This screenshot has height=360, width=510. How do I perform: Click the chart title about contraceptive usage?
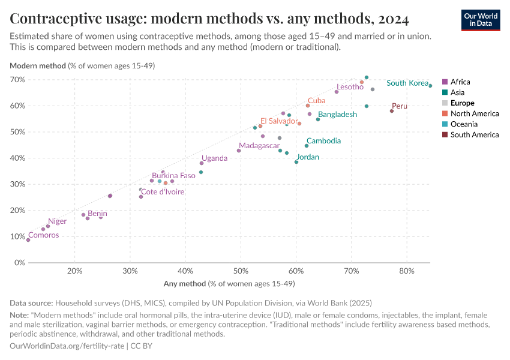[209, 19]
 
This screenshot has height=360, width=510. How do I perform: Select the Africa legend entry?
[460, 82]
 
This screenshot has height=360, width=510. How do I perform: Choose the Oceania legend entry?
[464, 124]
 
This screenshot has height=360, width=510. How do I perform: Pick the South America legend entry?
[474, 134]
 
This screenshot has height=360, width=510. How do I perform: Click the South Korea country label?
[407, 83]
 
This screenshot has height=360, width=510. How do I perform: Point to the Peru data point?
[392, 111]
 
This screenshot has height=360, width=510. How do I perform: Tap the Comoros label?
[44, 235]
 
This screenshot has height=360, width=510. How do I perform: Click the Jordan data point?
[296, 162]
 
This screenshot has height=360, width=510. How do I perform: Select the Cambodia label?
[323, 141]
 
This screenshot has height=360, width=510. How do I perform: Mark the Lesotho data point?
[337, 92]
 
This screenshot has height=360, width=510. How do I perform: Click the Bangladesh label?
[337, 115]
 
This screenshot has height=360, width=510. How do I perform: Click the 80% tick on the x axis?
[407, 271]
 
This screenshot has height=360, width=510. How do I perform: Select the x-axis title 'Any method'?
[229, 283]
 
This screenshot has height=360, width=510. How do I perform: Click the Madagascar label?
[259, 146]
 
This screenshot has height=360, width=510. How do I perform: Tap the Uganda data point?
[202, 163]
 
